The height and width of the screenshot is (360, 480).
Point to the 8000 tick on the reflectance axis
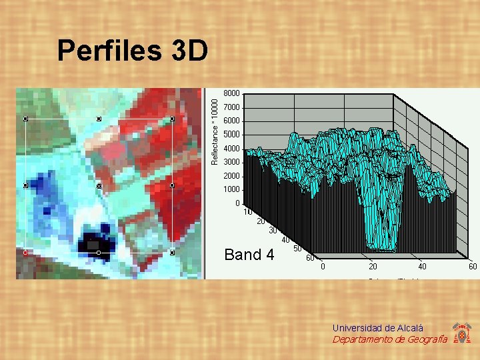coord(232,93)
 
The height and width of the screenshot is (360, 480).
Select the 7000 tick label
coord(232,107)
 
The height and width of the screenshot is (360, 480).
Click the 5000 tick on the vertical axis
coord(232,135)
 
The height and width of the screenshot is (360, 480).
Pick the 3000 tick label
coord(232,162)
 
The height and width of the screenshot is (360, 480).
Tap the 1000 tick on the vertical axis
coord(232,189)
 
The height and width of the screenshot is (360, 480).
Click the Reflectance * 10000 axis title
coord(214,128)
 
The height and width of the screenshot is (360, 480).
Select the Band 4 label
coord(249,255)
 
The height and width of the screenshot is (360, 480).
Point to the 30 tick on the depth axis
coord(274,231)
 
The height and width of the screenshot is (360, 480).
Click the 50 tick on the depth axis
coord(298,249)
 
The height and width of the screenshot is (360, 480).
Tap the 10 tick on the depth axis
coord(248,212)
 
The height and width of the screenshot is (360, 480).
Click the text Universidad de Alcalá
coord(378,328)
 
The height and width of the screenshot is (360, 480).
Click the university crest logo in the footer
coord(461,333)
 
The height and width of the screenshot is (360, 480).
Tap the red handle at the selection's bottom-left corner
coord(25,253)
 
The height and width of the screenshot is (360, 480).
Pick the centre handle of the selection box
coord(99,186)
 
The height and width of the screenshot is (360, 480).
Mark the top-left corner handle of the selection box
coord(25,119)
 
